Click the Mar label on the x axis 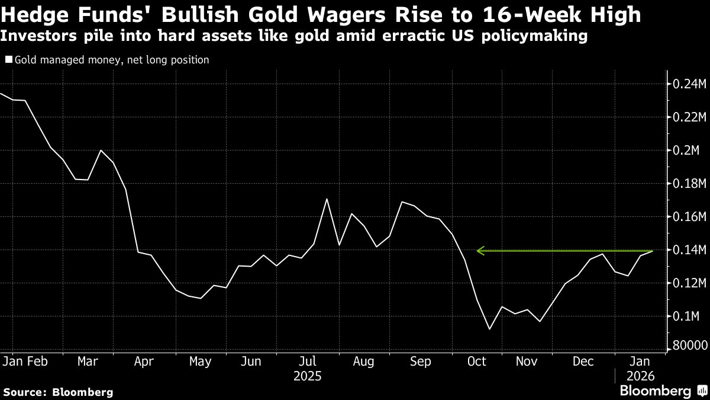click(x=88, y=361)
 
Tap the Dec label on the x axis click(x=583, y=361)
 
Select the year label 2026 click(x=641, y=376)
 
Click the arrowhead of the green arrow click(x=480, y=251)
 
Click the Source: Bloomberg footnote click(x=58, y=392)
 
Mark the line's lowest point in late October click(x=489, y=329)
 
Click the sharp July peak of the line click(x=327, y=199)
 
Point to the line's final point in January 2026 click(x=653, y=251)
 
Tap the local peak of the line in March click(x=101, y=151)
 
